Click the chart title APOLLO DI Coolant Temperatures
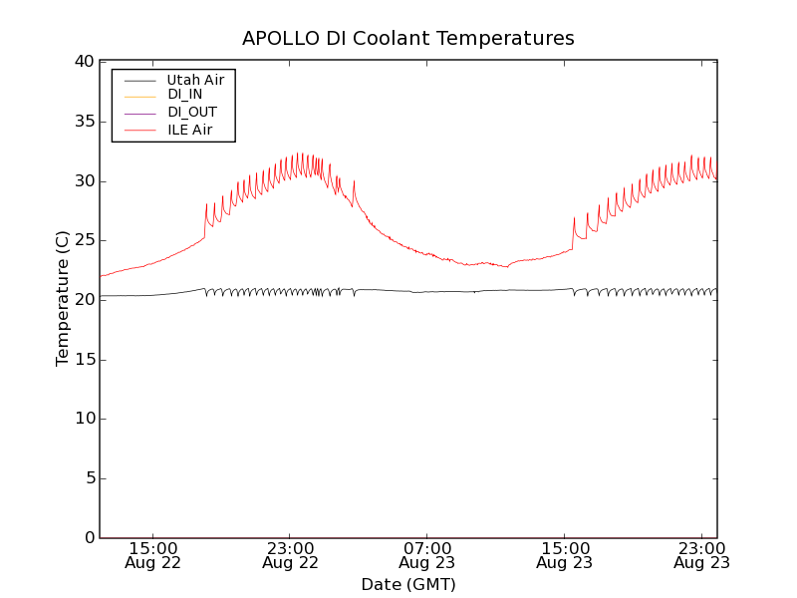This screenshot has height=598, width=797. [x=408, y=39]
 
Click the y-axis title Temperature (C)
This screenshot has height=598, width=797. [x=63, y=299]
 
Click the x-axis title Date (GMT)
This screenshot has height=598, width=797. [x=408, y=584]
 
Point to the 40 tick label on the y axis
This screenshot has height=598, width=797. [x=83, y=62]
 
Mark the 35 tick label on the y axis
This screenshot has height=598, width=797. [x=83, y=122]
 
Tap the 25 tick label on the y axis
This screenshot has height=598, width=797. [x=83, y=240]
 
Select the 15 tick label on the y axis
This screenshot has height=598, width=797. [x=83, y=359]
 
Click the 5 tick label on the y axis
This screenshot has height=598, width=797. [x=88, y=478]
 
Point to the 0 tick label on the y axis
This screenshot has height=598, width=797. [x=88, y=538]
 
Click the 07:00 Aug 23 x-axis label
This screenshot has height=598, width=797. [x=427, y=555]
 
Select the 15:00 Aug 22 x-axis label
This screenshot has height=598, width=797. [x=153, y=555]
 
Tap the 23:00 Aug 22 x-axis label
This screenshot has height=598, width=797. [x=290, y=555]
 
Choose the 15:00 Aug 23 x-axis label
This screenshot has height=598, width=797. [x=564, y=555]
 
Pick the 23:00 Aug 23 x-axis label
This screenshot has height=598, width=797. [x=701, y=555]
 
